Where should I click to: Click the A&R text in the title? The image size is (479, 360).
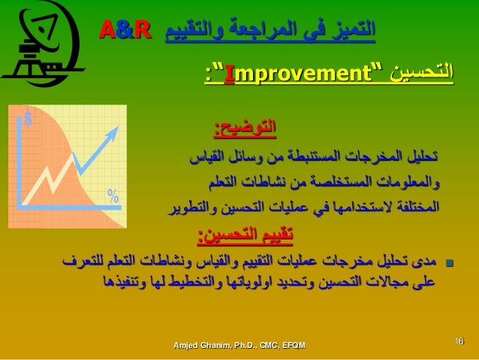coord(125,32)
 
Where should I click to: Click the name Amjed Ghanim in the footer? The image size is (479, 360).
coord(200,344)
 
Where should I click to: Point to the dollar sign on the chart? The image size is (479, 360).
coord(28,119)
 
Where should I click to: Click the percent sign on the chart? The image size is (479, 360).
coord(113,196)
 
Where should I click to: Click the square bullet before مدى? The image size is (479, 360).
coord(450,264)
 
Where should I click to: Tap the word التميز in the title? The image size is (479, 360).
coord(351,32)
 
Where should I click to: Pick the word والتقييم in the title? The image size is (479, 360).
coord(192,32)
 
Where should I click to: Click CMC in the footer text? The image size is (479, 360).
coord(261,344)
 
